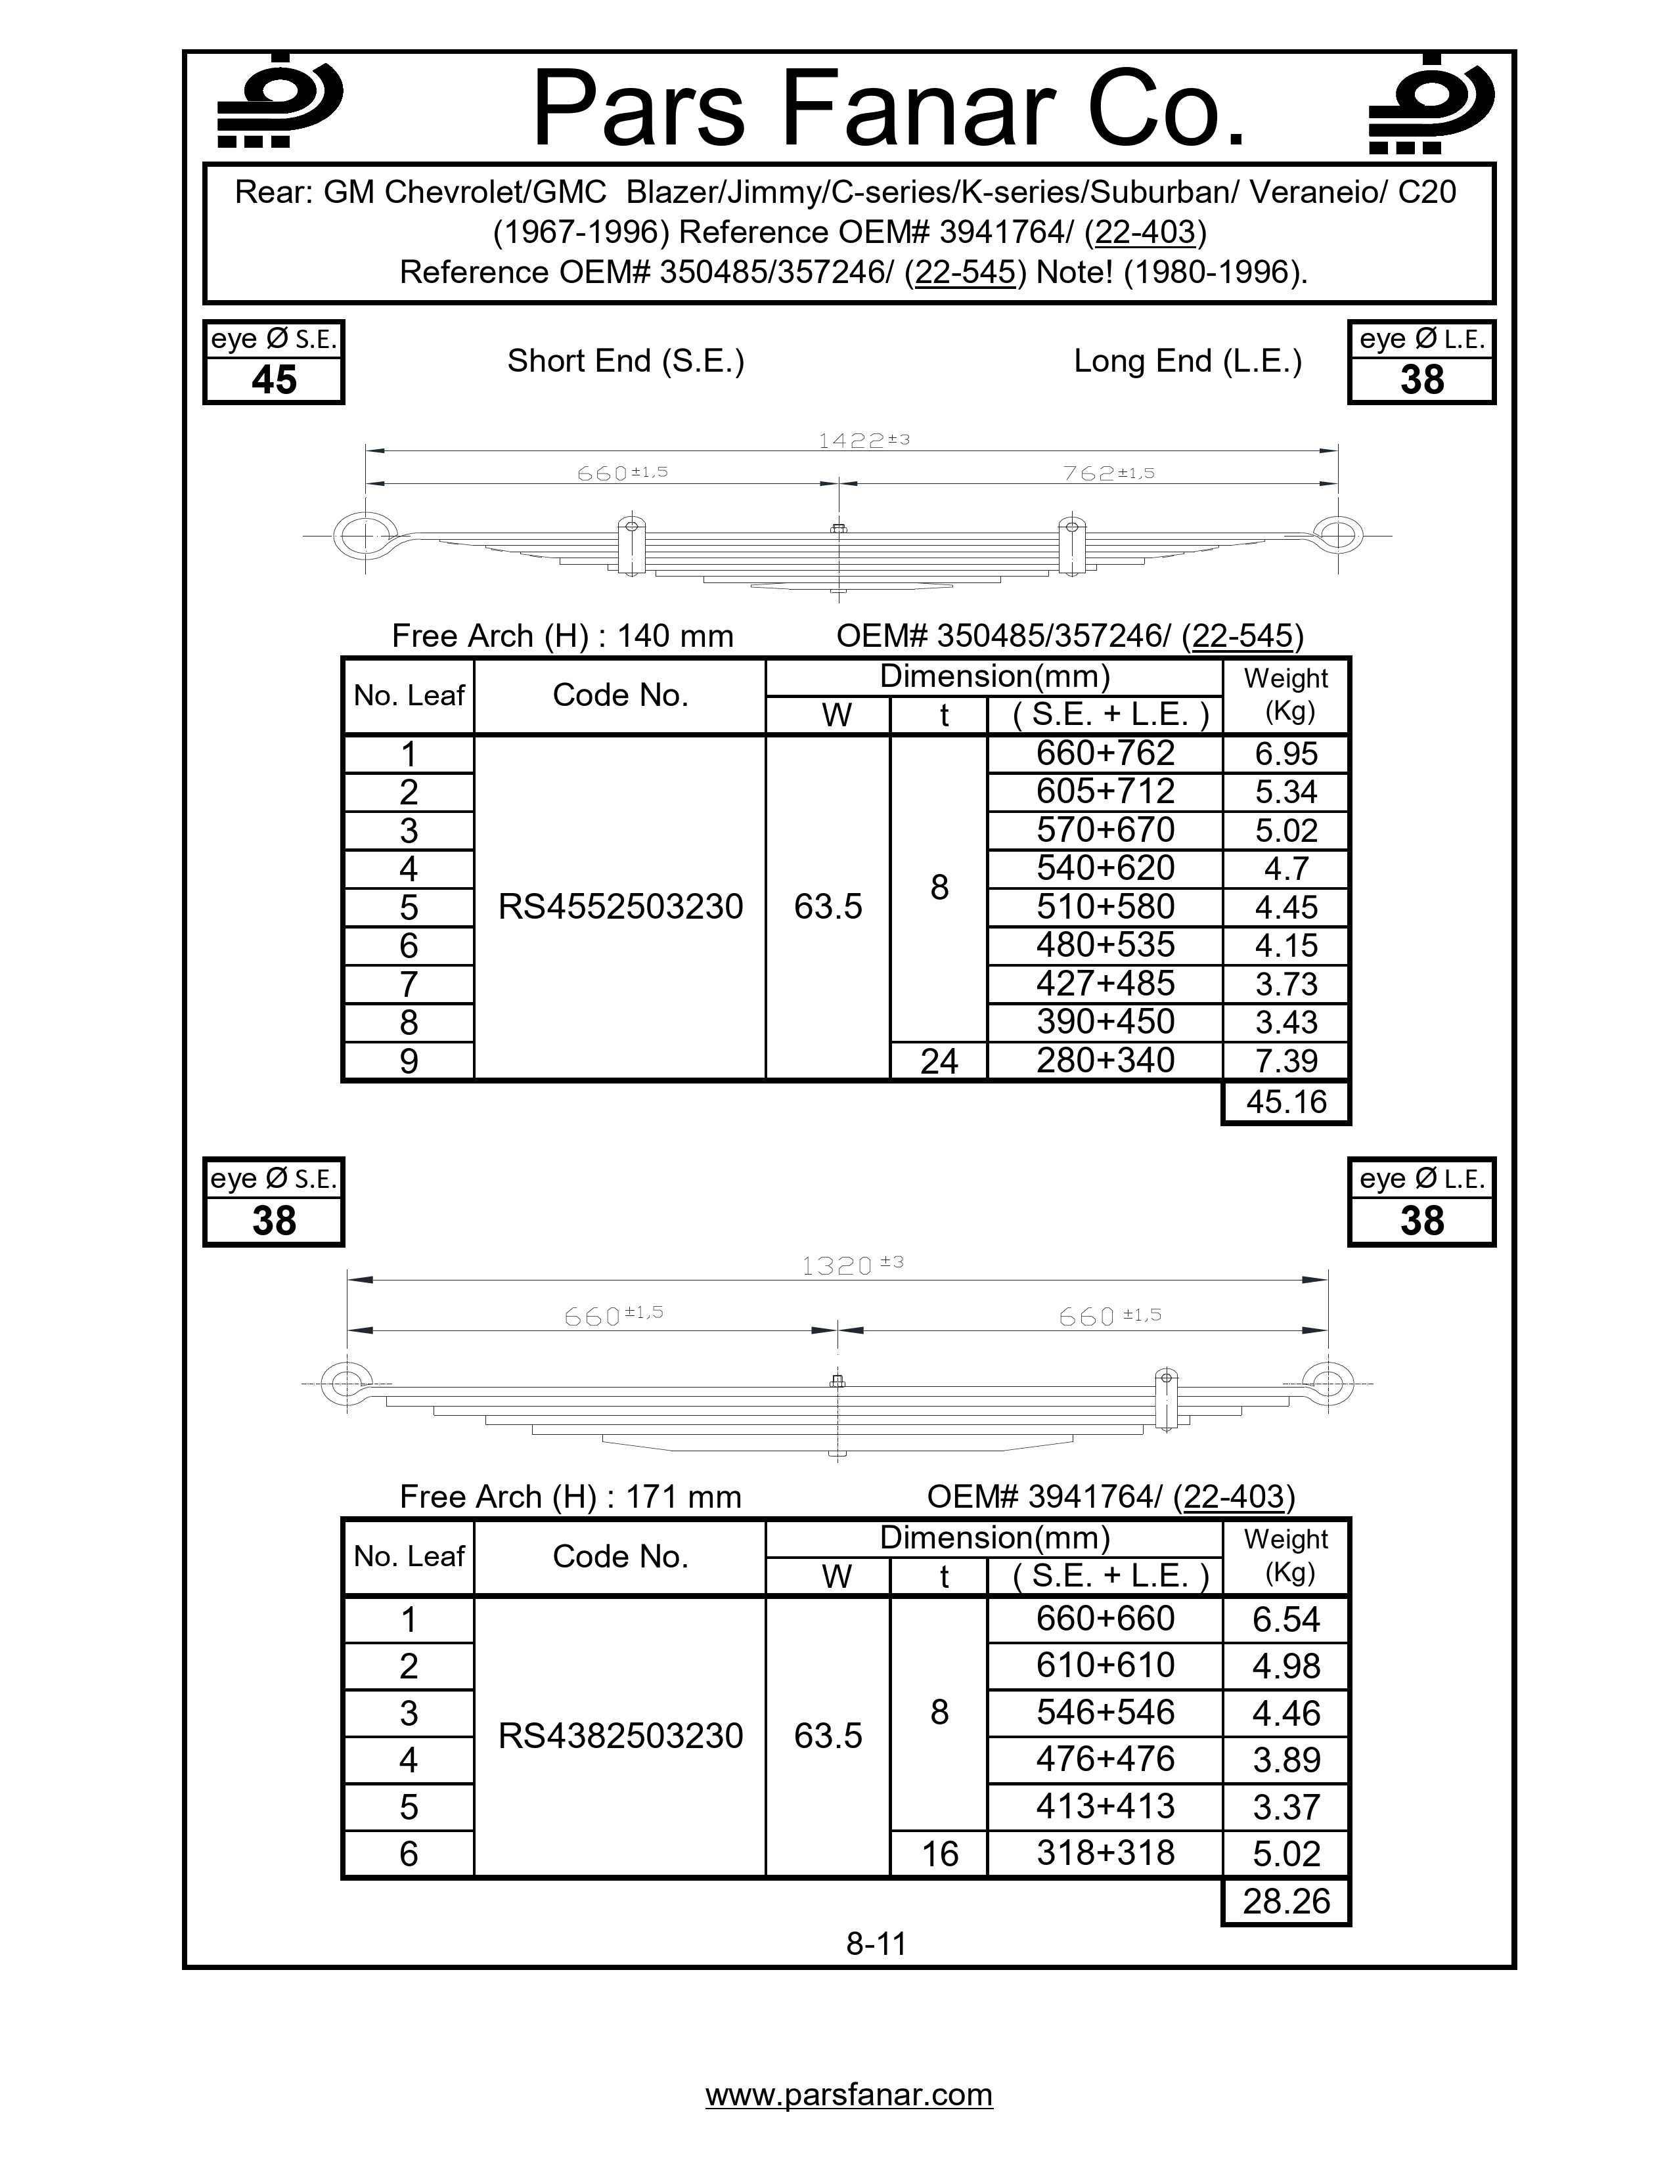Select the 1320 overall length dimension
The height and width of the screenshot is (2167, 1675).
851,1265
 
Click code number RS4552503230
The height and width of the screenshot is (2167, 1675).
620,907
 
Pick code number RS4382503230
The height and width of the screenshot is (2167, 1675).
620,1736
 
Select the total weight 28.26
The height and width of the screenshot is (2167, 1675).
1286,1901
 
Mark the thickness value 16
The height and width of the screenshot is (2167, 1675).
939,1854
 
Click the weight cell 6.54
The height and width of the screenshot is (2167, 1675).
1286,1619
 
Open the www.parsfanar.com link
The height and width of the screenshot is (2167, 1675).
849,2095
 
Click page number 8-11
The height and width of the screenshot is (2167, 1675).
876,1943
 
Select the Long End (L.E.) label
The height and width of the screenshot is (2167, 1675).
1187,361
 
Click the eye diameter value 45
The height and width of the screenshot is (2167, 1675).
274,380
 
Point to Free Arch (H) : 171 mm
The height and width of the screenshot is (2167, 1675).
571,1497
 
